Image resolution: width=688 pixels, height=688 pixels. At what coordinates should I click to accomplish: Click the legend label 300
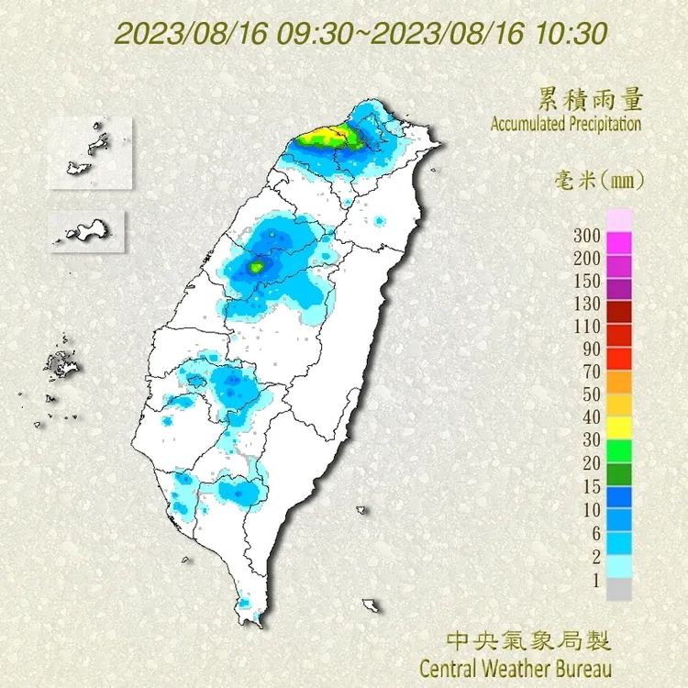pyautogui.click(x=587, y=235)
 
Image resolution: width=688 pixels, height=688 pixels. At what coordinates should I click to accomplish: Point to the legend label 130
pyautogui.click(x=587, y=304)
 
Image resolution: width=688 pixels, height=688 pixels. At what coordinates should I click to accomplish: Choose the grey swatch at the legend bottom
pyautogui.click(x=620, y=590)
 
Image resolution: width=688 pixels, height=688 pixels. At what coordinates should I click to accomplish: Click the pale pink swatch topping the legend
pyautogui.click(x=620, y=220)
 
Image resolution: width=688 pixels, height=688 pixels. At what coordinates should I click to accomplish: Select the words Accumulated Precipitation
pyautogui.click(x=565, y=124)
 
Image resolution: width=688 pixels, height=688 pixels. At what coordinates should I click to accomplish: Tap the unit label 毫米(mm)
pyautogui.click(x=600, y=180)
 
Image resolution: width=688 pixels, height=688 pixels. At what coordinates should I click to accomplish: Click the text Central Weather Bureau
pyautogui.click(x=515, y=665)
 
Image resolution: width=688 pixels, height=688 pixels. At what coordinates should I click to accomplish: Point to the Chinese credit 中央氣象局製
pyautogui.click(x=527, y=639)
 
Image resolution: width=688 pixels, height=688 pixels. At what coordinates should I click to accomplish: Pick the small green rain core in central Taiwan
pyautogui.click(x=257, y=267)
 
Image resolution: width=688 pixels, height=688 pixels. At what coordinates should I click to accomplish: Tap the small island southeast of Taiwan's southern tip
pyautogui.click(x=372, y=605)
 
